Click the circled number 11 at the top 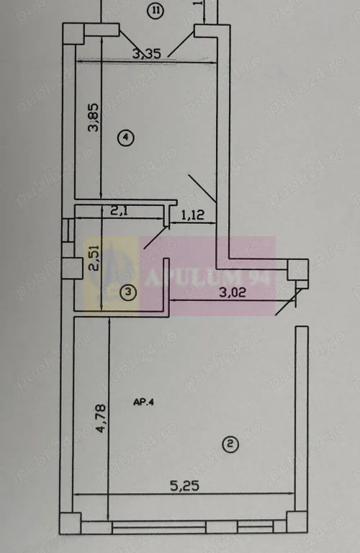pyautogui.click(x=155, y=10)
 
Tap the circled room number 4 pyautogui.click(x=127, y=137)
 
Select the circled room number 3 pyautogui.click(x=127, y=292)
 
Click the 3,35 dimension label pyautogui.click(x=146, y=52)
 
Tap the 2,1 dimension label pyautogui.click(x=120, y=212)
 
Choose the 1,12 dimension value pyautogui.click(x=192, y=214)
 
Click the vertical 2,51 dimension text pyautogui.click(x=93, y=257)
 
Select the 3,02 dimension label pyautogui.click(x=238, y=293)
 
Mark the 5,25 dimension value pyautogui.click(x=184, y=487)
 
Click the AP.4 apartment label pyautogui.click(x=144, y=403)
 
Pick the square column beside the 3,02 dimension pyautogui.click(x=297, y=269)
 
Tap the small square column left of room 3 pyautogui.click(x=71, y=268)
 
